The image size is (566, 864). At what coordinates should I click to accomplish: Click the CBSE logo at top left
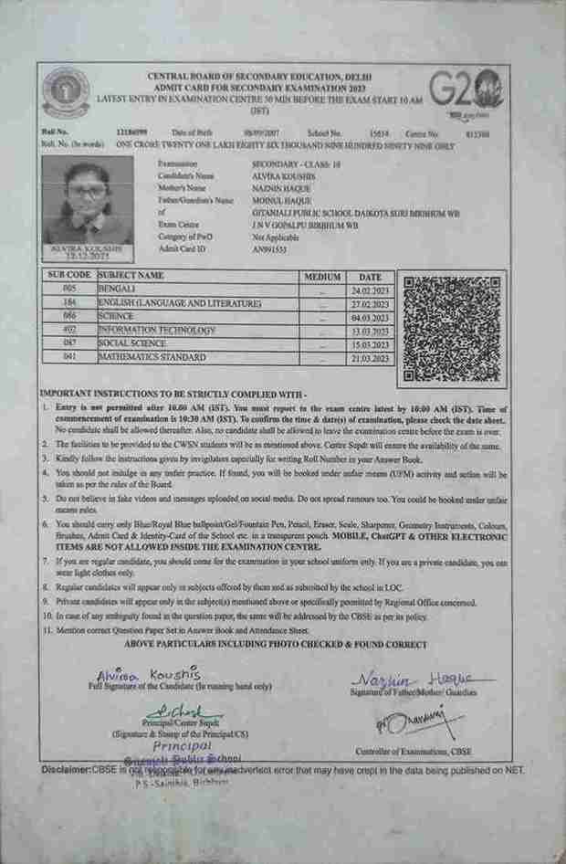click(65, 91)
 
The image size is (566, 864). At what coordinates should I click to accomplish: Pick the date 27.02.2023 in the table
click(370, 302)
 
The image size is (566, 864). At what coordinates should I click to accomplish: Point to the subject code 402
click(68, 330)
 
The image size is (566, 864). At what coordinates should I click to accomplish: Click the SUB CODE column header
click(68, 275)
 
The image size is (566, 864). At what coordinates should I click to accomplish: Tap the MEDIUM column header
click(322, 276)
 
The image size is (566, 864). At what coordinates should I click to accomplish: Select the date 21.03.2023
click(370, 358)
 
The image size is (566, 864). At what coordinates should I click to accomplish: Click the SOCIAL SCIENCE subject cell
click(132, 343)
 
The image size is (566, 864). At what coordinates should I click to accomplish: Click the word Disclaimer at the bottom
click(66, 770)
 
